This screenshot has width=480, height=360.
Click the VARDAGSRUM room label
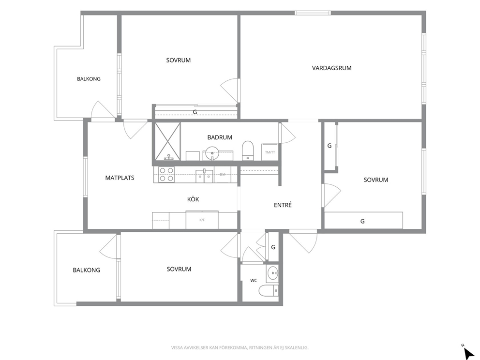pyautogui.click(x=331, y=68)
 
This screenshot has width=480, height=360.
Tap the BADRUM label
pyautogui.click(x=220, y=137)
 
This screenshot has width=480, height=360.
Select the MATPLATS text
pyautogui.click(x=120, y=178)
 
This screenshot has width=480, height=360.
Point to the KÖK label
pyautogui.click(x=193, y=199)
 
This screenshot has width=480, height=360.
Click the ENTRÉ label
pyautogui.click(x=283, y=205)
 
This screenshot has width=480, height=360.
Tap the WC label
pyautogui.click(x=254, y=281)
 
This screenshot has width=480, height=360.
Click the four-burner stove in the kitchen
pyautogui.click(x=166, y=175)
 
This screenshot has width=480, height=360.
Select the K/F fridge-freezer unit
pyautogui.click(x=202, y=220)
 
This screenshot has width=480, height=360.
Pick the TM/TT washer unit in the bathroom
pyautogui.click(x=270, y=152)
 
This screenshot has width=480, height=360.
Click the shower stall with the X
pyautogui.click(x=167, y=141)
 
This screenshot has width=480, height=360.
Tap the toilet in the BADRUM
pyautogui.click(x=248, y=150)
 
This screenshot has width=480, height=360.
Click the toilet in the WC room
pyautogui.click(x=269, y=290)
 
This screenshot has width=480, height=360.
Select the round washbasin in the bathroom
pyautogui.click(x=212, y=153)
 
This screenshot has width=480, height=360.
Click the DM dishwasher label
pyautogui.click(x=223, y=175)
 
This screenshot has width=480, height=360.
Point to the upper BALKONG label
pyautogui.click(x=89, y=79)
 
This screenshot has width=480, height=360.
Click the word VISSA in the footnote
pyautogui.click(x=178, y=348)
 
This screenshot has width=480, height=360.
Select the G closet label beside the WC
pyautogui.click(x=273, y=247)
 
